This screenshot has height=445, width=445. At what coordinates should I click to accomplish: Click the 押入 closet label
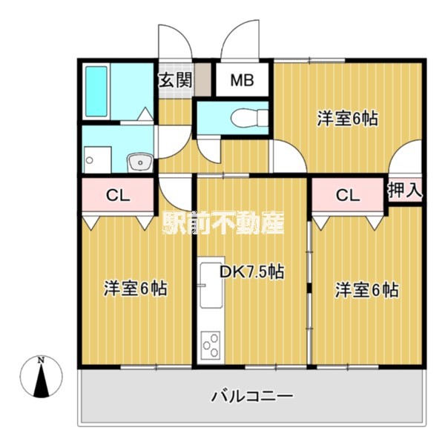click(x=405, y=190)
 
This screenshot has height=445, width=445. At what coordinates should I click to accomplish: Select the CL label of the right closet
click(x=347, y=196)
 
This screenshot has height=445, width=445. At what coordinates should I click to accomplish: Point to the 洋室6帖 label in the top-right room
click(x=349, y=118)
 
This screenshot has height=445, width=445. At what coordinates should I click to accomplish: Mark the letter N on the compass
click(x=42, y=360)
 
